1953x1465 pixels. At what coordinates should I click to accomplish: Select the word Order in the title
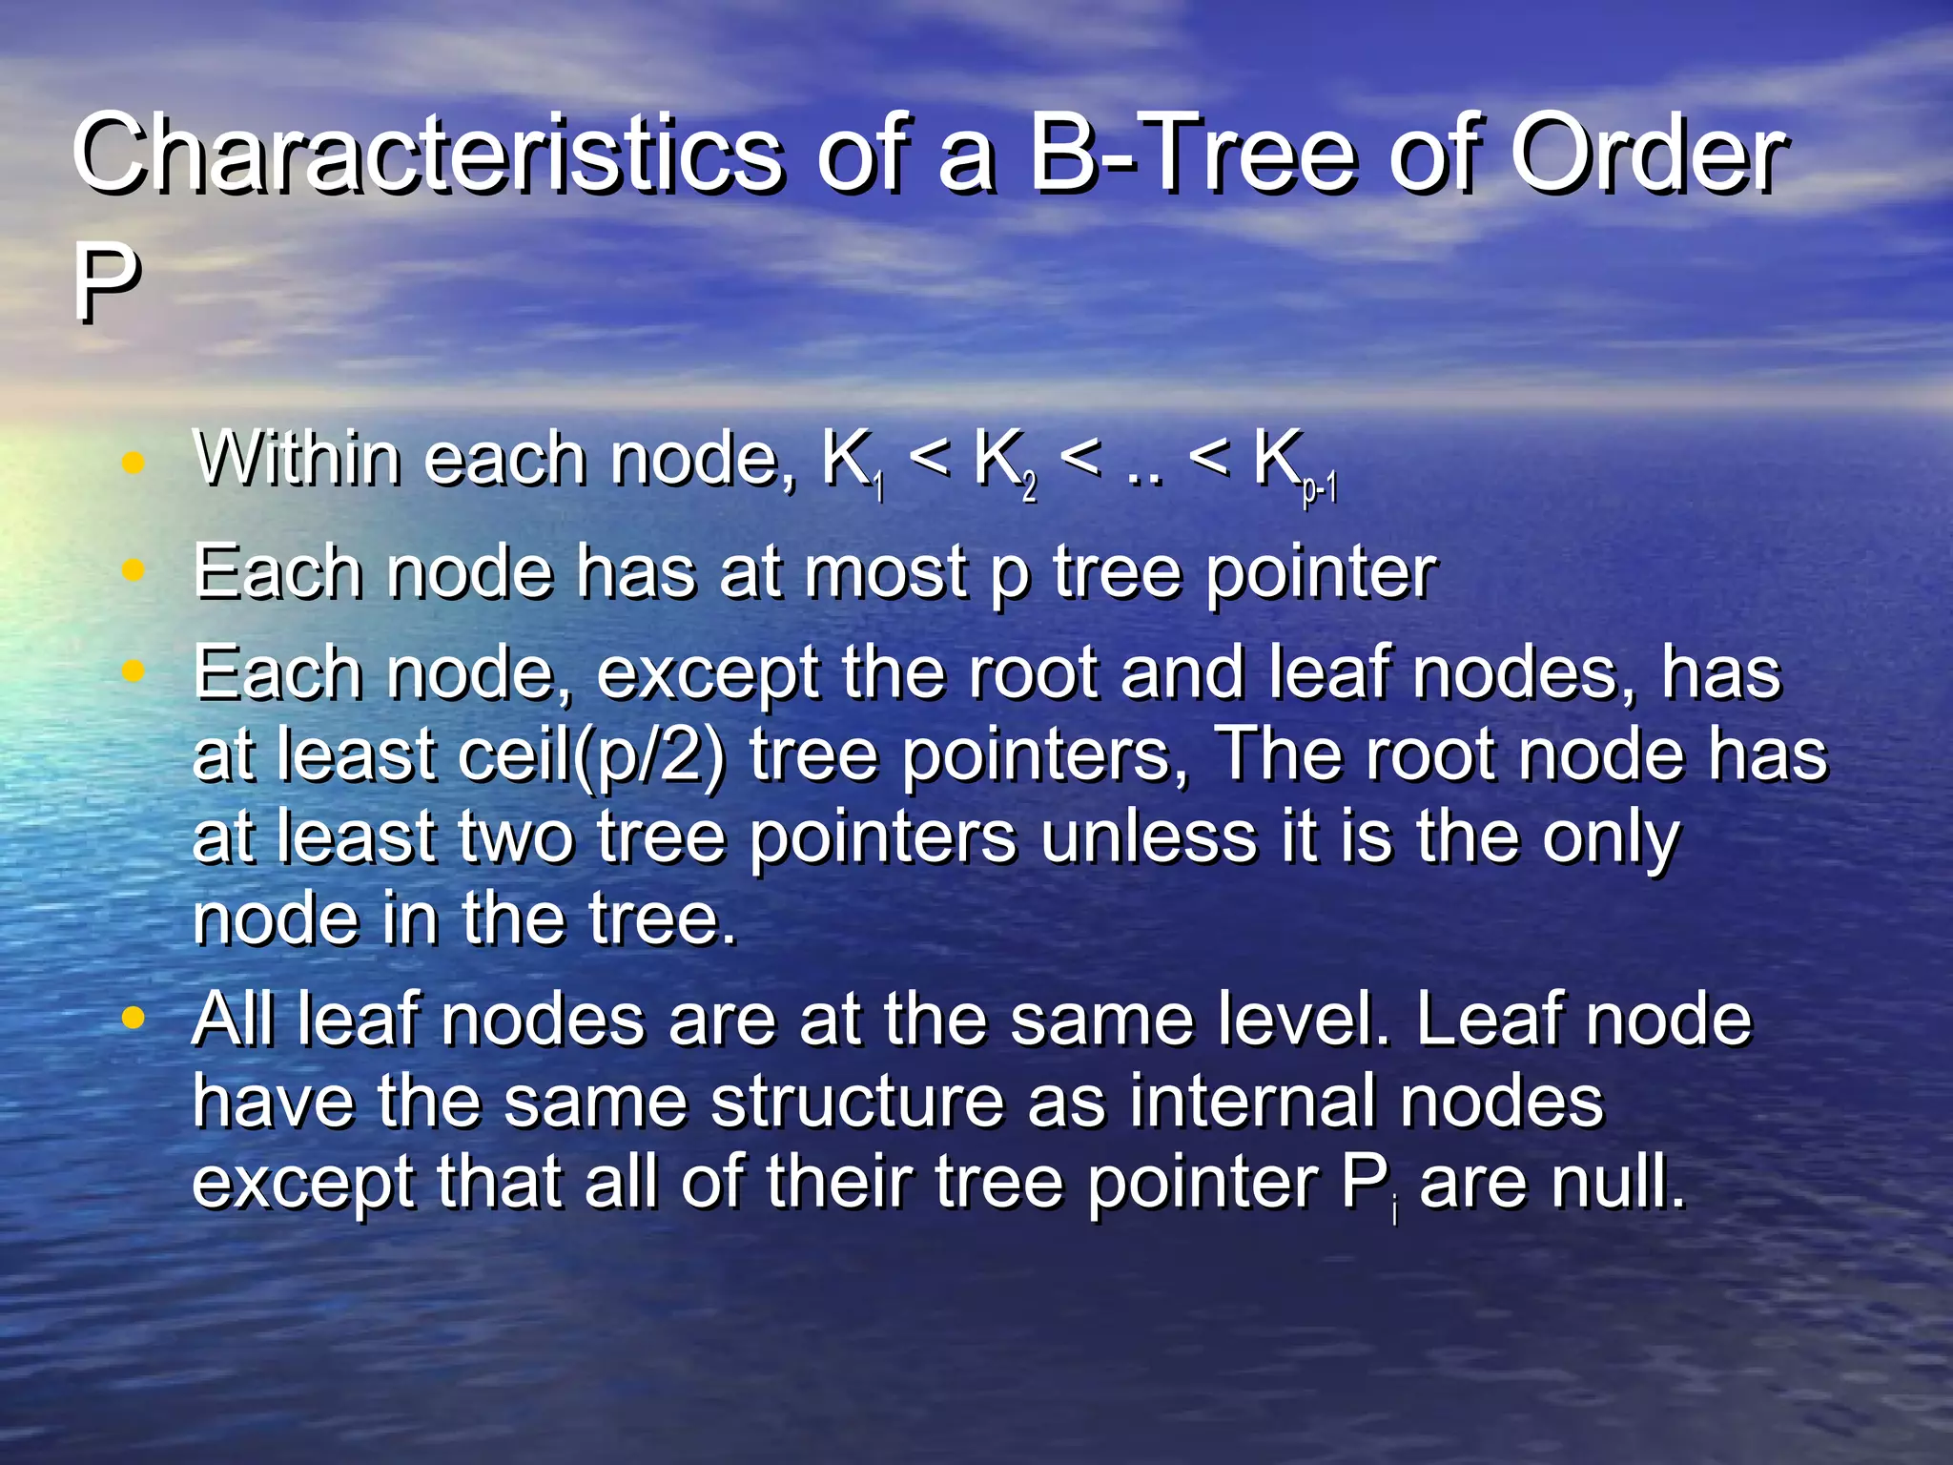pos(1649,153)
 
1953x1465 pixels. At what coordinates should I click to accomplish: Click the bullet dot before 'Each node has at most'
pos(134,570)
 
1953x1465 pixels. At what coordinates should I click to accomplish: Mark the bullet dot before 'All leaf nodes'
pos(134,1018)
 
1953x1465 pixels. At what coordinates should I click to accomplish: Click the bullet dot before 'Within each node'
pos(134,464)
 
